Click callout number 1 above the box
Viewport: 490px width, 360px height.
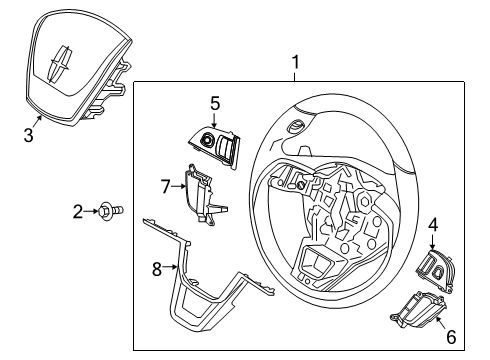pyautogui.click(x=294, y=65)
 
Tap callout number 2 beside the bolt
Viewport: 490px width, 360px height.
pyautogui.click(x=78, y=211)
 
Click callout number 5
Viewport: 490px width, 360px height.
pyautogui.click(x=214, y=103)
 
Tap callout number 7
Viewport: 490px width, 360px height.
pyautogui.click(x=167, y=184)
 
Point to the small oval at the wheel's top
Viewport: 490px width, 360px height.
pyautogui.click(x=297, y=126)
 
